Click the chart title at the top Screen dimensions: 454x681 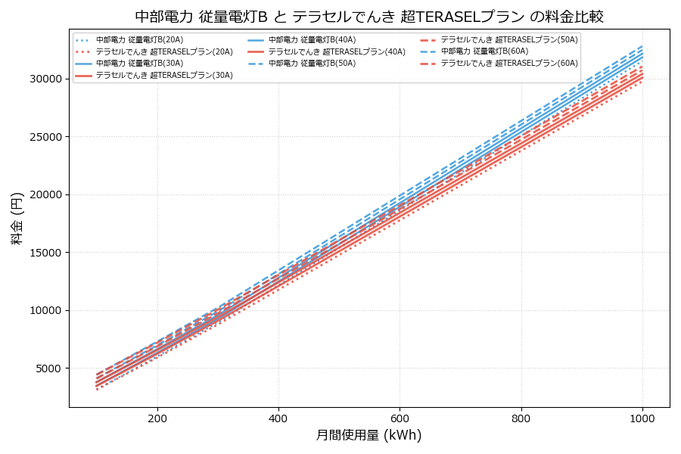point(369,17)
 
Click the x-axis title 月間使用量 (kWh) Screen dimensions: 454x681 point(368,435)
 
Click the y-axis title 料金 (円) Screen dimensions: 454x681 point(17,218)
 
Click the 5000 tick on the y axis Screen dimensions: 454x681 point(47,368)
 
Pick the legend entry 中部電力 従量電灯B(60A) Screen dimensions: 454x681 point(484,51)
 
